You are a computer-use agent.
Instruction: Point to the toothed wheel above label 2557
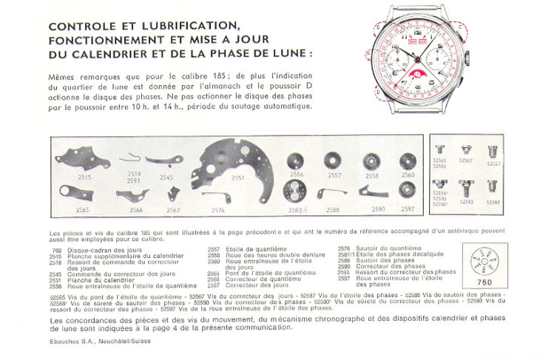click(x=334, y=161)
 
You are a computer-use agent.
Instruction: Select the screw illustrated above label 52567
click(x=467, y=150)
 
